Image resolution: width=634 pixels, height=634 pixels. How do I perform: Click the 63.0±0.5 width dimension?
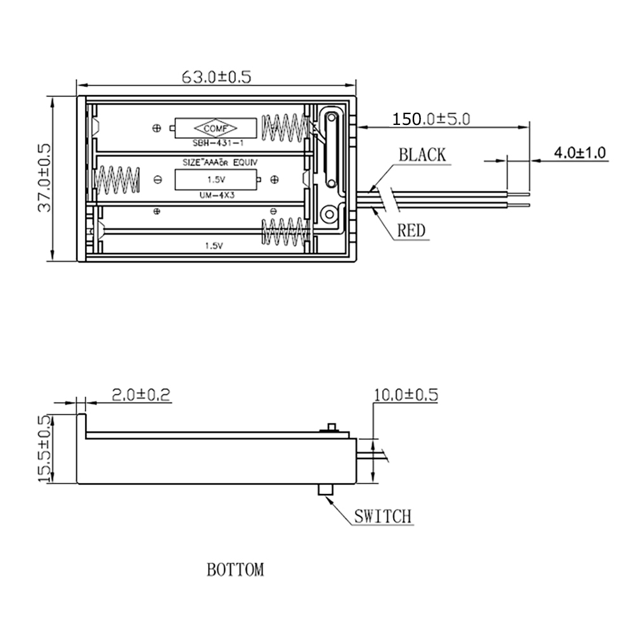(216, 77)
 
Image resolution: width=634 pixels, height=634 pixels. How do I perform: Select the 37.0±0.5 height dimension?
(44, 178)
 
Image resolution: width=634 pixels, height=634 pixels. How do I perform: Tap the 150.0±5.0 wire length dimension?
(431, 119)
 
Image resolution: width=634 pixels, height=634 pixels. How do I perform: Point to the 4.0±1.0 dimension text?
(579, 152)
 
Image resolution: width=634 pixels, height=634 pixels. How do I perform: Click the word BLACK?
(422, 155)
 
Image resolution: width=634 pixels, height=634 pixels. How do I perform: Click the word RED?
(411, 231)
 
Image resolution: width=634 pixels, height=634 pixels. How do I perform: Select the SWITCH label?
(382, 516)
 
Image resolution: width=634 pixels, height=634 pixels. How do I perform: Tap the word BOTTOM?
(235, 570)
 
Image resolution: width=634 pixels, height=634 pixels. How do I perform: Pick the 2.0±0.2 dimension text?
(141, 394)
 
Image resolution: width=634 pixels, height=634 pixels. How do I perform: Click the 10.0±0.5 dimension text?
(406, 394)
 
